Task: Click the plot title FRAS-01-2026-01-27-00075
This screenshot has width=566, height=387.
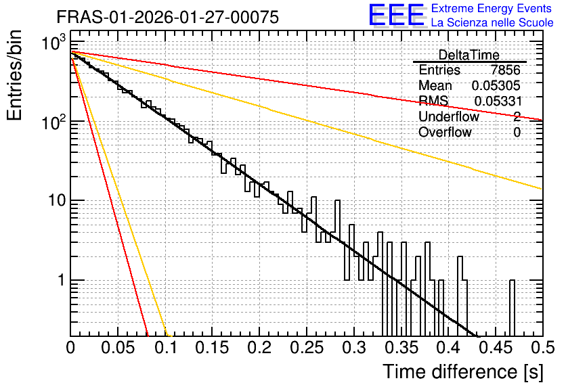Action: [x=168, y=17]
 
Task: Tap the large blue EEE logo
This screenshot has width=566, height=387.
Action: [x=397, y=15]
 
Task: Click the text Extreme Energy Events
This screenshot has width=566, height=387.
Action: [x=492, y=8]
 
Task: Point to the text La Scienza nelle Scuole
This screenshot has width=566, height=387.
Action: [x=492, y=22]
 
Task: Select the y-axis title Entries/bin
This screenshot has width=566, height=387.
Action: [x=14, y=76]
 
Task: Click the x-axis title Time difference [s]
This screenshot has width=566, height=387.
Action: [x=463, y=371]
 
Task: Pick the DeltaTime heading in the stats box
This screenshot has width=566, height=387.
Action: [x=469, y=55]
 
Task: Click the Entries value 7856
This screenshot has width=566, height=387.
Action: [x=505, y=70]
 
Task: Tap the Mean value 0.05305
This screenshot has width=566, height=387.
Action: [x=496, y=85]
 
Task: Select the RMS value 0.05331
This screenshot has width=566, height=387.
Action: [x=498, y=101]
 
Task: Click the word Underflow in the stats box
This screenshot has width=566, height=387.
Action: [x=449, y=116]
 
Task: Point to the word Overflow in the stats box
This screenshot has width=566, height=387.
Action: [x=445, y=132]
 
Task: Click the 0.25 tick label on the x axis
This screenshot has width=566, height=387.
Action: [x=307, y=348]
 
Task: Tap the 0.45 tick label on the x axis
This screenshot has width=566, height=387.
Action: [x=496, y=348]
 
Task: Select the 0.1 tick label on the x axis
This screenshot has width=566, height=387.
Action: [x=165, y=348]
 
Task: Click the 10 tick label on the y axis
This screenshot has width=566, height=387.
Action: [x=57, y=200]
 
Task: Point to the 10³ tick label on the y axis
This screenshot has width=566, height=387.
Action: [x=53, y=43]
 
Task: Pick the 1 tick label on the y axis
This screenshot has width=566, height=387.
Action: [x=62, y=280]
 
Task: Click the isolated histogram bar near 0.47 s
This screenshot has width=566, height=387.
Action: [x=512, y=308]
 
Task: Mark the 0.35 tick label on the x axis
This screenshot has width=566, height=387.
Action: [x=401, y=348]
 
